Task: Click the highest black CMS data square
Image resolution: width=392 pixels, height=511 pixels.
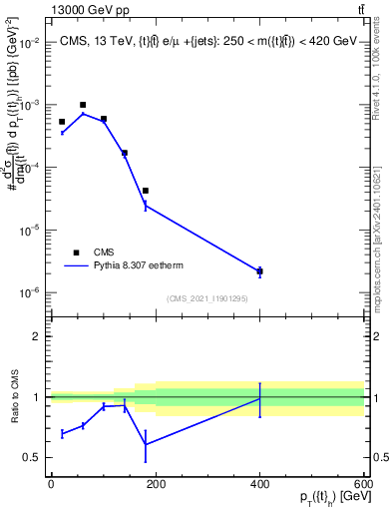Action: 83,105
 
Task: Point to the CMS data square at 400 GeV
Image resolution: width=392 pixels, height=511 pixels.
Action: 259,271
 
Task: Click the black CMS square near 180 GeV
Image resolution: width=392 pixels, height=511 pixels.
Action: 145,191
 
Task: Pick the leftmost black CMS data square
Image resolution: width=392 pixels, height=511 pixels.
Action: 62,122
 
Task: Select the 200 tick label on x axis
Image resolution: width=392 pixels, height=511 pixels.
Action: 155,484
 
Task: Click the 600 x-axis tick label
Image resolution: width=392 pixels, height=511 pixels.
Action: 364,484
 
